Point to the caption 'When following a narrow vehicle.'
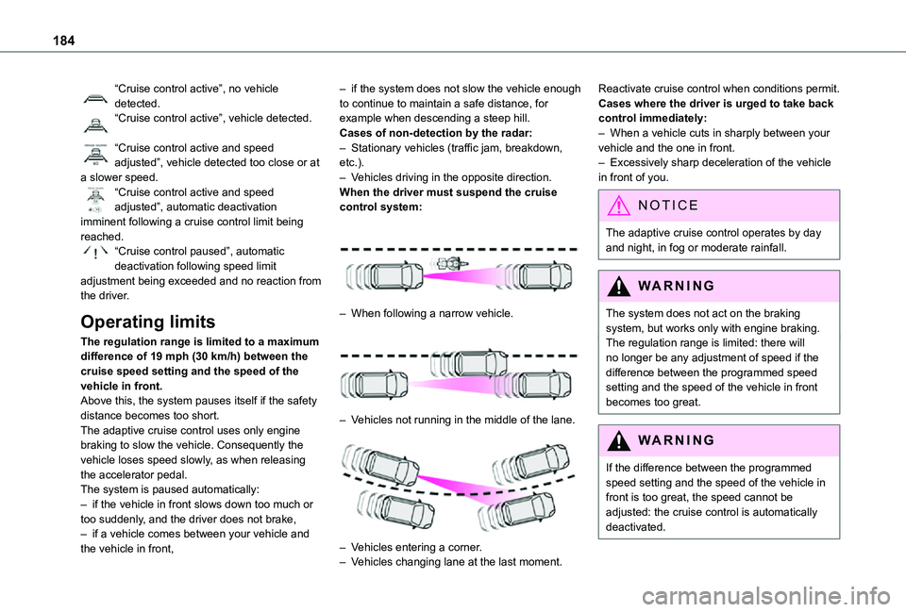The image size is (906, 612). (x=432, y=313)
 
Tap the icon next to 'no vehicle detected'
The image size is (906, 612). (x=94, y=94)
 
